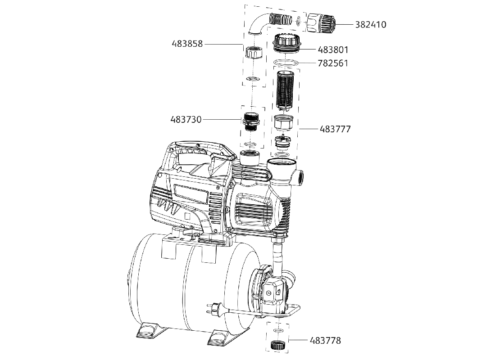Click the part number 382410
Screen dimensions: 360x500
pos(371,25)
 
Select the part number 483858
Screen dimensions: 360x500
pos(187,44)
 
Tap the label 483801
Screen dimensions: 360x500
pos(333,50)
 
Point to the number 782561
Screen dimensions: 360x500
pos(333,63)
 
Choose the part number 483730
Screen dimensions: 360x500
pos(186,120)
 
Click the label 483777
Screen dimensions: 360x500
pos(335,129)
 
